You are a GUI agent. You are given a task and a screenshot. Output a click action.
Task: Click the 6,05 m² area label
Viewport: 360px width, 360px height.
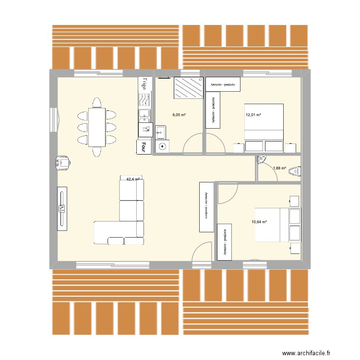click(179, 115)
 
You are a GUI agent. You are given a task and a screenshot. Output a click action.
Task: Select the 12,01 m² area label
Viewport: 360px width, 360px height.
click(253, 115)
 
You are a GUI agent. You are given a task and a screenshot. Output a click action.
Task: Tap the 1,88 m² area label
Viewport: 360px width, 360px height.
click(279, 168)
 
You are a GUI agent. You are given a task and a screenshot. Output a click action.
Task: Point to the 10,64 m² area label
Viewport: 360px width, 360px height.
click(260, 222)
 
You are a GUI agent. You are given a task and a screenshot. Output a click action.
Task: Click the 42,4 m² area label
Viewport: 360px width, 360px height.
click(133, 180)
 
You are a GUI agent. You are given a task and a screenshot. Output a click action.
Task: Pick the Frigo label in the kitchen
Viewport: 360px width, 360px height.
click(144, 85)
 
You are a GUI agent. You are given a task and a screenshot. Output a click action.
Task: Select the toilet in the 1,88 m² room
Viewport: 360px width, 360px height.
click(295, 170)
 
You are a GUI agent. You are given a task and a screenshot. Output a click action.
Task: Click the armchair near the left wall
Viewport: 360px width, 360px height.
click(63, 162)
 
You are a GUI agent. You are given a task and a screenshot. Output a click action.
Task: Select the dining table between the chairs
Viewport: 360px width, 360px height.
click(96, 127)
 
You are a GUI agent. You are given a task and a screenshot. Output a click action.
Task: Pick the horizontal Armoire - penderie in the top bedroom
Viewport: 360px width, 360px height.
click(222, 84)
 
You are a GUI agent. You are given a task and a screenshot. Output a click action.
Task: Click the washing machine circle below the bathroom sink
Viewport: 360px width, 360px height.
click(162, 147)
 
